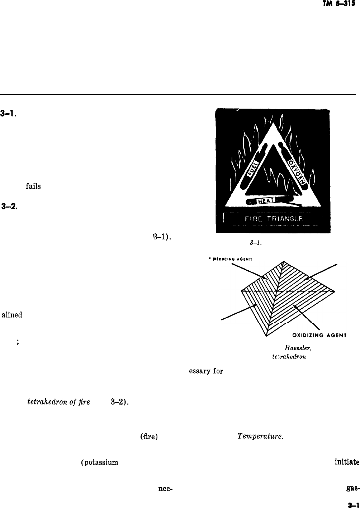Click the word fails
click(x=33, y=186)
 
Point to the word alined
click(x=12, y=315)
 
